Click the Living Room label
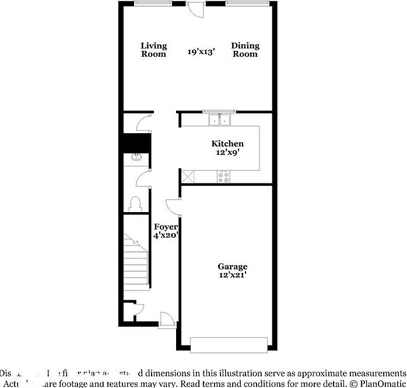(154, 50)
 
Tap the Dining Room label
(245, 50)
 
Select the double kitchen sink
(220, 120)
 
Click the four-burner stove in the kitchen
(223, 176)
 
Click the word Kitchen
(227, 144)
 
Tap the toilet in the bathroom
(135, 203)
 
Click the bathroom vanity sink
(136, 157)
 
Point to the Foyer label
(166, 227)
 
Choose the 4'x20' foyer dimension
(166, 235)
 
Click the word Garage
(233, 266)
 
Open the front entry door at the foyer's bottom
(167, 318)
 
